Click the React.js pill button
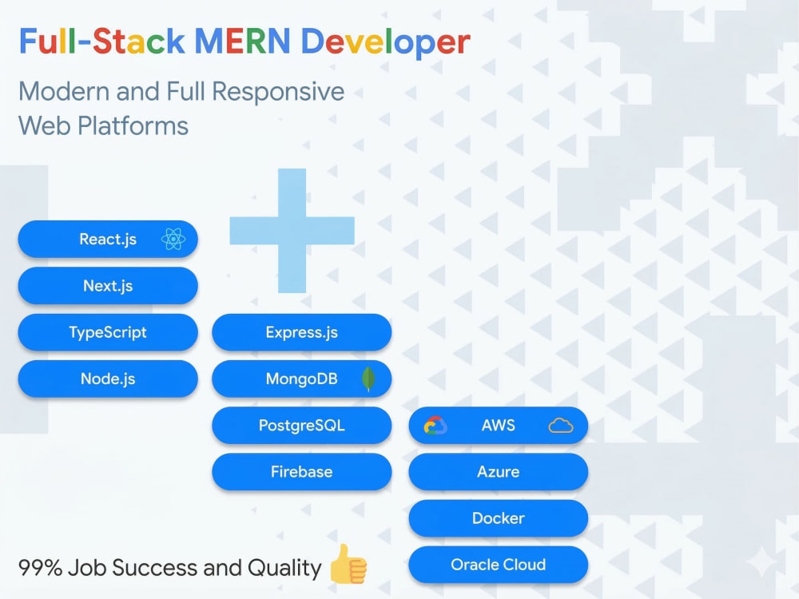pyautogui.click(x=108, y=239)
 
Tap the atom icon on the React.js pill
pyautogui.click(x=173, y=239)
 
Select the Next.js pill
pyautogui.click(x=108, y=286)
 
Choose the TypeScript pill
pyautogui.click(x=108, y=332)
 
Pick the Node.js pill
pyautogui.click(x=108, y=379)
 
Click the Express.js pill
pyautogui.click(x=302, y=332)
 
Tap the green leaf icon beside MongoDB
pyautogui.click(x=368, y=379)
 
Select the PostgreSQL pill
pyautogui.click(x=302, y=426)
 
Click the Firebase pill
pyautogui.click(x=302, y=472)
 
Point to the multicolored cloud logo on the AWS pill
pyautogui.click(x=435, y=426)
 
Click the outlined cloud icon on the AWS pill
pyautogui.click(x=561, y=426)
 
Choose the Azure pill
pyautogui.click(x=499, y=472)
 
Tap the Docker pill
pyautogui.click(x=499, y=518)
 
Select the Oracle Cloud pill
pyautogui.click(x=499, y=565)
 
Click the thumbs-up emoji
pyautogui.click(x=348, y=564)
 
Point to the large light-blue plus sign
pyautogui.click(x=292, y=231)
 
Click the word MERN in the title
pyautogui.click(x=243, y=42)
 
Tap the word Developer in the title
pyautogui.click(x=386, y=42)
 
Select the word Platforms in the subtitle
pyautogui.click(x=133, y=126)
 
